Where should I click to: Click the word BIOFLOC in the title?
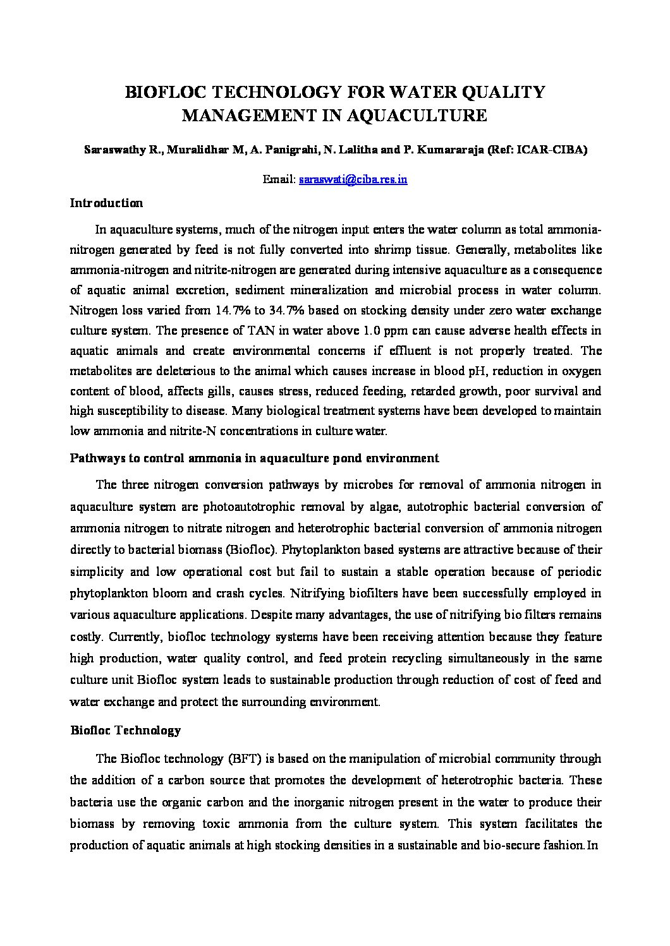point(166,92)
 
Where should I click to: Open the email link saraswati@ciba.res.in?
point(353,179)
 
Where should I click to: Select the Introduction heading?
point(106,203)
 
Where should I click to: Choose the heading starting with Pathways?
point(254,458)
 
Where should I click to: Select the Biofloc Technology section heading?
point(125,731)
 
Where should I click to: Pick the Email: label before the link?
point(279,179)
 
